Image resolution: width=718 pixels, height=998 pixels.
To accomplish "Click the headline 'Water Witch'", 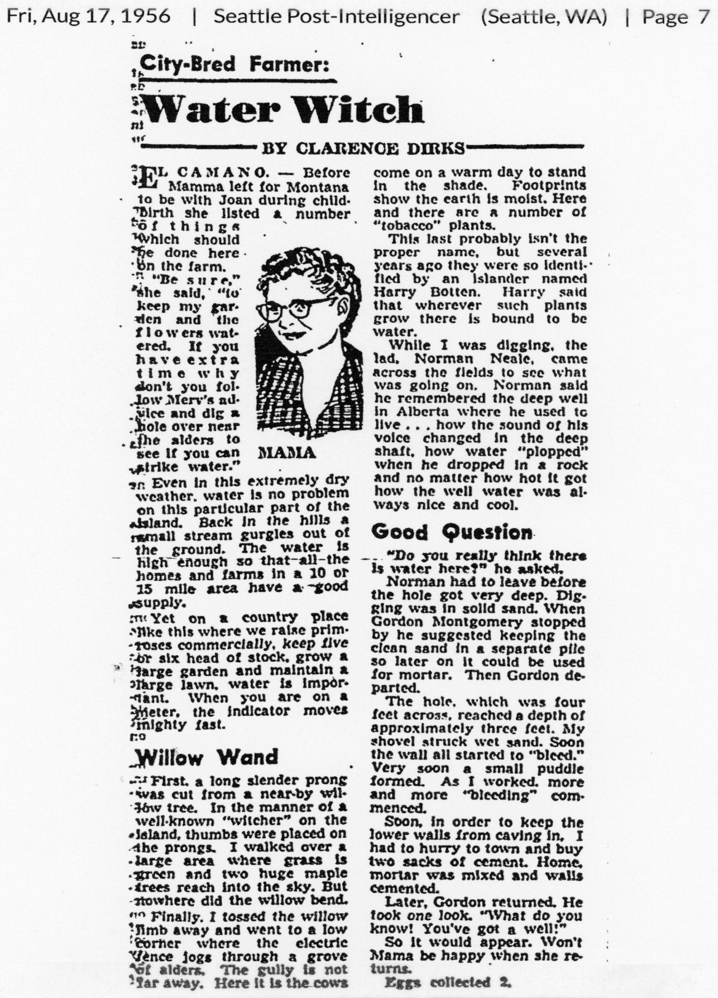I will click(283, 110).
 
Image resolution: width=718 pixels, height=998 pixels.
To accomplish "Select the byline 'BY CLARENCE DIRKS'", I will click(362, 148).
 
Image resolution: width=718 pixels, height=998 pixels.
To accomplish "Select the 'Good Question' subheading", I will click(452, 532).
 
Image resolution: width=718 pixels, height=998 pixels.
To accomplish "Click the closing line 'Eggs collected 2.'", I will click(448, 983).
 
